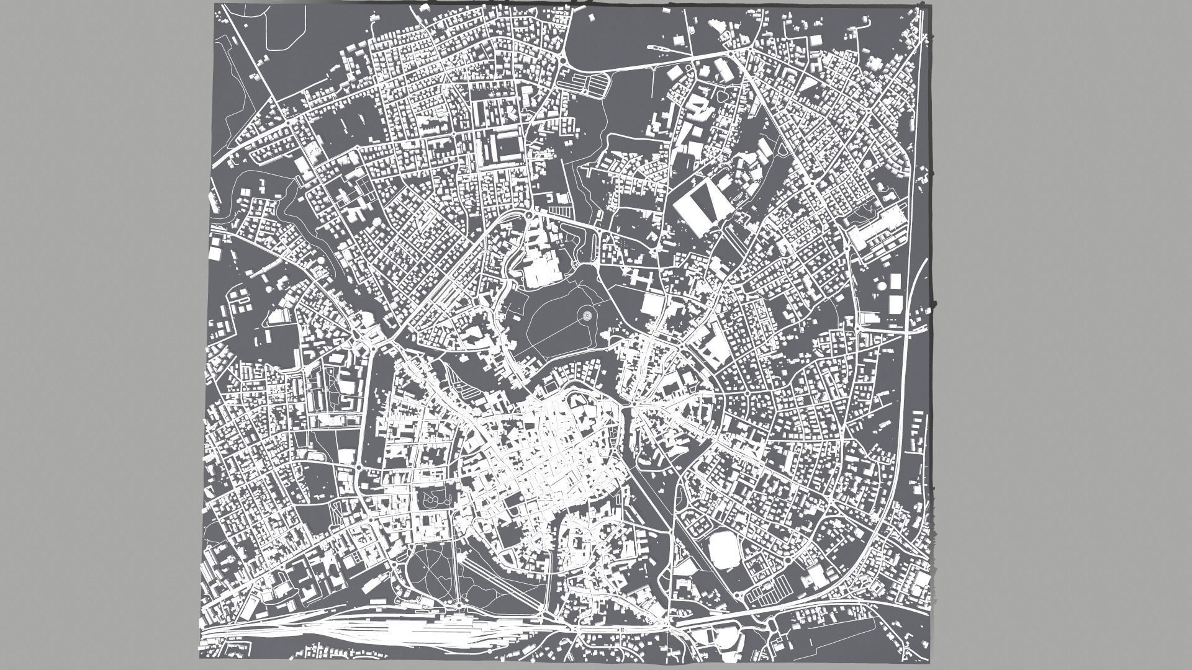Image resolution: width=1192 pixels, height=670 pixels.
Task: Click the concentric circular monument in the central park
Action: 586,316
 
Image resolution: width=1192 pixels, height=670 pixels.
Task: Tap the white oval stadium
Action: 722,550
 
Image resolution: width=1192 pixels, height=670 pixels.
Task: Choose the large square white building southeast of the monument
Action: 652,305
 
